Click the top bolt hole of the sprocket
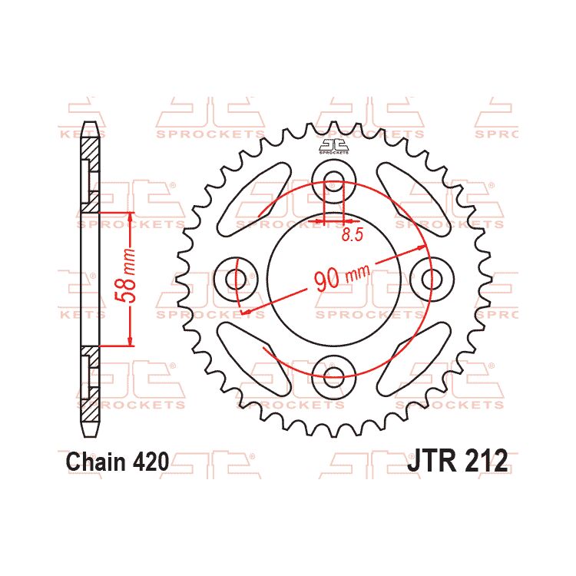tap(334, 182)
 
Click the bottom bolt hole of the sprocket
tap(334, 376)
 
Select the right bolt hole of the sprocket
tap(431, 278)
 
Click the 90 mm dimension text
tap(343, 275)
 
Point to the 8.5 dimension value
tap(352, 236)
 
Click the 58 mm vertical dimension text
tap(131, 278)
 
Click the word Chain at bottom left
tap(95, 462)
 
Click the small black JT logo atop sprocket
tap(334, 146)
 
